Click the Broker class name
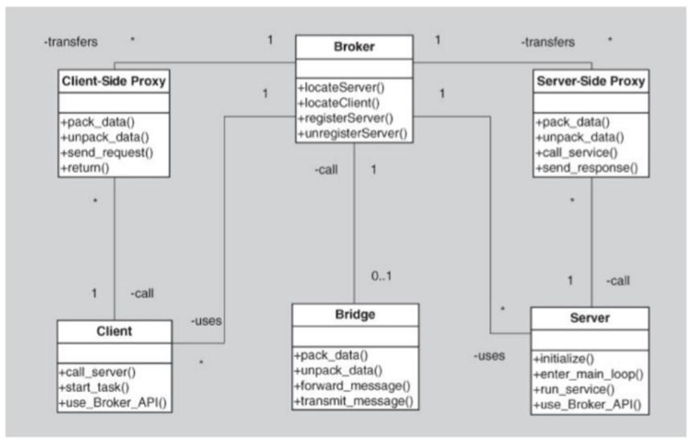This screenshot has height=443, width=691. [354, 47]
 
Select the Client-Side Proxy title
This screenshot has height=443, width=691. [114, 81]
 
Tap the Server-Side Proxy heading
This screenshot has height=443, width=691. [591, 81]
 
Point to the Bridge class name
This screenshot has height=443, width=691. [355, 314]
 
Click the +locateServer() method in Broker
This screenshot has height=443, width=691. [341, 88]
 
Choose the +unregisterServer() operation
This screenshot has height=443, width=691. [353, 133]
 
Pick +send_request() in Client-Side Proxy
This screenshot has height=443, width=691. [107, 153]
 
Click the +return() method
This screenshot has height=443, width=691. [84, 168]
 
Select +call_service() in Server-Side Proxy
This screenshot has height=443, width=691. [576, 153]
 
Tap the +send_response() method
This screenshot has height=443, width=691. [587, 168]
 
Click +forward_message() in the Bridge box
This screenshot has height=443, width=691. [352, 386]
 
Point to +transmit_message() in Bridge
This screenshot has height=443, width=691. [354, 401]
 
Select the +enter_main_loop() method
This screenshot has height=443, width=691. [588, 374]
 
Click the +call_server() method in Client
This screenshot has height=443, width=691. [97, 372]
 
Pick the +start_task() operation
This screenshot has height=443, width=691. [94, 388]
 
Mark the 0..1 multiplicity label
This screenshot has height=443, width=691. [381, 276]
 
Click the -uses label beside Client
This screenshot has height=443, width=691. [206, 321]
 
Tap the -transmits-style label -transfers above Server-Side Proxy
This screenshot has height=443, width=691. [548, 42]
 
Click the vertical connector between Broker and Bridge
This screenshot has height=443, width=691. [354, 223]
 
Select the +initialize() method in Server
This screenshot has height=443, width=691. [563, 359]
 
